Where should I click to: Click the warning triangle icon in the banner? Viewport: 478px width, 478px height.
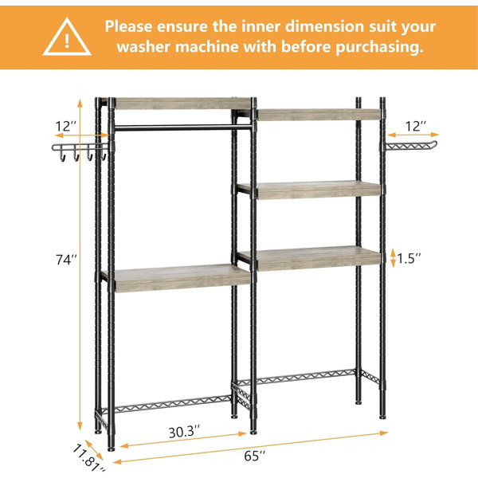pos(67,37)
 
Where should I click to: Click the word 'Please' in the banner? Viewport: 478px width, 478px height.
pos(128,26)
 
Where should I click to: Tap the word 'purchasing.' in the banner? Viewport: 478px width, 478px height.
pos(379,47)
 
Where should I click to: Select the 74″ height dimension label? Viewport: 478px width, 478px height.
pos(66,260)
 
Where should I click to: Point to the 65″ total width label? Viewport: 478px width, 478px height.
pos(255,456)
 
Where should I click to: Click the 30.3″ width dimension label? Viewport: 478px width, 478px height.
pos(184,432)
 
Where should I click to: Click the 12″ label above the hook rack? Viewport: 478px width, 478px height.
pos(66,126)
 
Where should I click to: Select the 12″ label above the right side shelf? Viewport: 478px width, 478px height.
pos(416,126)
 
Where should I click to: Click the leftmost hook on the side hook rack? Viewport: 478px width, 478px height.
pos(62,156)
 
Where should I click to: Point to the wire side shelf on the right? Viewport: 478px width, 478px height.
pos(411,146)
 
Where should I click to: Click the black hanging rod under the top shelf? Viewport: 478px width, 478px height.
pos(183,127)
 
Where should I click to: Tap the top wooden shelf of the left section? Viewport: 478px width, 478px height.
pos(182,103)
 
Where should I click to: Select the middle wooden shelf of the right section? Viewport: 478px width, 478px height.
pos(310,190)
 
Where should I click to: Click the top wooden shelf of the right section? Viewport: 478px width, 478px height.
pos(319,114)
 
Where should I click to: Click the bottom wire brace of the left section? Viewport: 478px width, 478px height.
pos(167,404)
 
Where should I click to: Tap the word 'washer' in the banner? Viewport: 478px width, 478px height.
pos(144,47)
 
